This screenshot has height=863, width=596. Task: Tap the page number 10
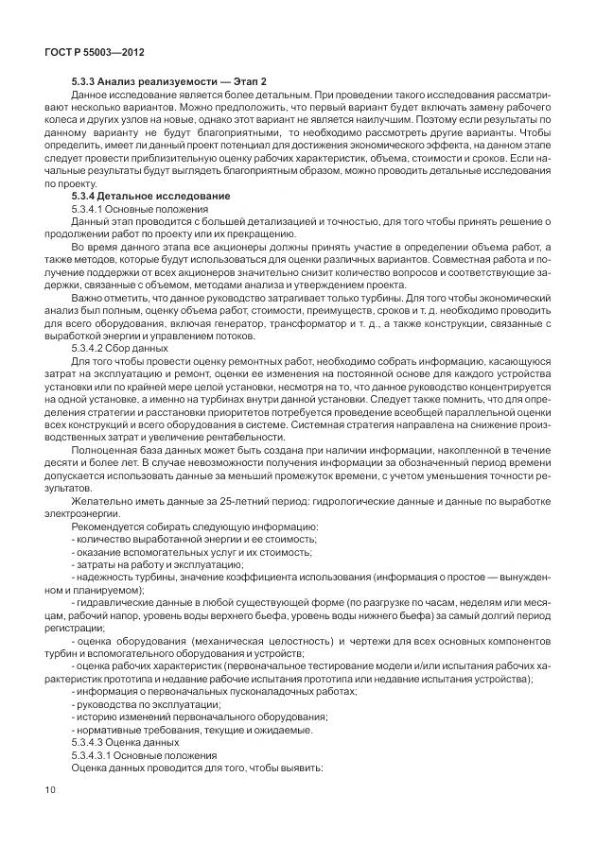pyautogui.click(x=51, y=789)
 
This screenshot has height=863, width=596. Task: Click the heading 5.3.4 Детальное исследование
pyautogui.click(x=150, y=195)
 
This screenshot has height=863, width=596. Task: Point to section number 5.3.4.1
pyautogui.click(x=88, y=207)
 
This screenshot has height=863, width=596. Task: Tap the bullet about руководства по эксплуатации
pyautogui.click(x=147, y=704)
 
